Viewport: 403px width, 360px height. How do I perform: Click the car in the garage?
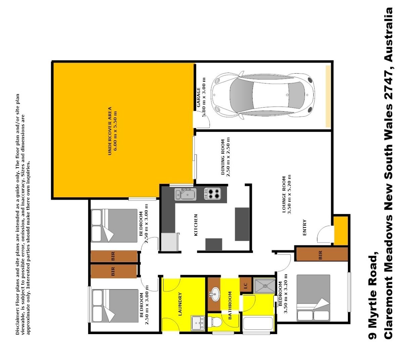263,95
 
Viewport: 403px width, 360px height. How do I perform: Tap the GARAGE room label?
198,97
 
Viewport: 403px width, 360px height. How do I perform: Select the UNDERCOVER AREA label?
109,131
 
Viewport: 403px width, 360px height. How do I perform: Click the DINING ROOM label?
223,157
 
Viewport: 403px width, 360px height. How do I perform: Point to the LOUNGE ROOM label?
284,195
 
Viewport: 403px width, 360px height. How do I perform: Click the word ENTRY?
304,228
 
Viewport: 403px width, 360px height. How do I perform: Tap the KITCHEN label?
196,225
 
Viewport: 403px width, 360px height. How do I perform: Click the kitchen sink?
185,194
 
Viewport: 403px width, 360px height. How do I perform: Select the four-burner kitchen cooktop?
213,194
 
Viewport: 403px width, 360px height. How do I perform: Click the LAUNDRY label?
180,304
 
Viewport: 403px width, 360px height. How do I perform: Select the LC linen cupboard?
245,286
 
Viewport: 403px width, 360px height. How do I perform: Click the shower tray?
264,286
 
